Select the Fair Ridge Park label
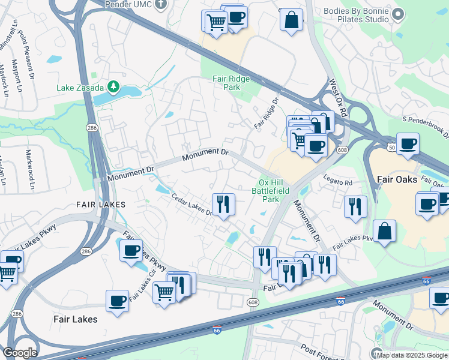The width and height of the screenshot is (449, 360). (x=226, y=83)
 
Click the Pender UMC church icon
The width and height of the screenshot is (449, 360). (x=159, y=4)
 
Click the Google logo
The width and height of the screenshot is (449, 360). (x=19, y=353)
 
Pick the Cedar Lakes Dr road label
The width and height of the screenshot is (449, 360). (x=192, y=205)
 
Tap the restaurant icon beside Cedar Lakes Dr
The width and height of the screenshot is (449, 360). (x=223, y=205)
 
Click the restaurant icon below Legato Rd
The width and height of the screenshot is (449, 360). (x=355, y=206)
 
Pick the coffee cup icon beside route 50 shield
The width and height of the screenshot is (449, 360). (x=408, y=144)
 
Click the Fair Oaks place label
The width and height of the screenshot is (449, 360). (x=397, y=179)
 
